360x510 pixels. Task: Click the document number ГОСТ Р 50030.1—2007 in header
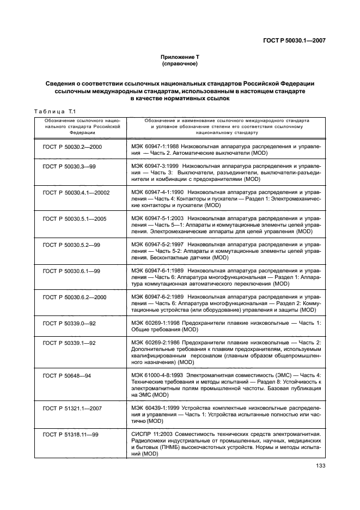pyautogui.click(x=294, y=40)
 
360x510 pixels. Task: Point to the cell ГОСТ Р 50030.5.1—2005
pyautogui.click(x=74, y=218)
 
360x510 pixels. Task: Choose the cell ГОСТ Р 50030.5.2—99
pyautogui.click(x=71, y=245)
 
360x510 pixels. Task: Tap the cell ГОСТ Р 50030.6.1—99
pyautogui.click(x=71, y=271)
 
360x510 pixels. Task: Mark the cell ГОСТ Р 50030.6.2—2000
pyautogui.click(x=74, y=297)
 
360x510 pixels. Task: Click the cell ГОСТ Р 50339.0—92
pyautogui.click(x=69, y=323)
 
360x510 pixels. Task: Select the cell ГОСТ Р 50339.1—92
pyautogui.click(x=69, y=343)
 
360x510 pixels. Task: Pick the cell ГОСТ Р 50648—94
pyautogui.click(x=66, y=375)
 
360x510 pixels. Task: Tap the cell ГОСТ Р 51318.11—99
pyautogui.click(x=71, y=434)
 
